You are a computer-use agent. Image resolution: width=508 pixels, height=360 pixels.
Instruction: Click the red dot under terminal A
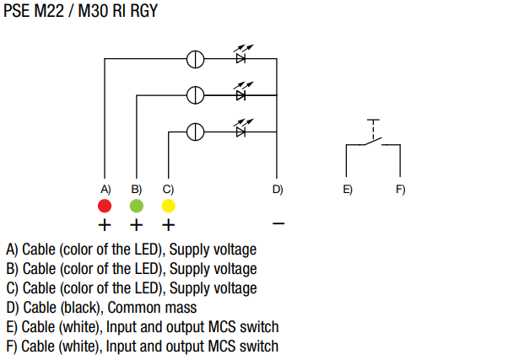click(105, 206)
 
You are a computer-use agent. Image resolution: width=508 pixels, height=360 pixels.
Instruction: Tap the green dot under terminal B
click(137, 206)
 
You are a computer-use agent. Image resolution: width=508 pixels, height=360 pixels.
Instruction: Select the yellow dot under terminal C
click(168, 206)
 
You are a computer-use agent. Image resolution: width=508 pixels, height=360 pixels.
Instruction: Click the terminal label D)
click(278, 189)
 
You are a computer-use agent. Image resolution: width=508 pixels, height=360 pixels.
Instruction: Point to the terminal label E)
click(348, 189)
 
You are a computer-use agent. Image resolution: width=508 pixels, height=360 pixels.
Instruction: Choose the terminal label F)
click(401, 189)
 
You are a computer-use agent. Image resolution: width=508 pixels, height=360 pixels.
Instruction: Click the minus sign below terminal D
click(279, 225)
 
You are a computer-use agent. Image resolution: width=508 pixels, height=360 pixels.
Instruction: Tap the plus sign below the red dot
click(105, 225)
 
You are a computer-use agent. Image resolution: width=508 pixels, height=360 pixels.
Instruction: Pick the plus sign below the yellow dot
click(168, 225)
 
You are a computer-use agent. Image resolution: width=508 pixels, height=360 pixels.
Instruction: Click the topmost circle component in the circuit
click(195, 59)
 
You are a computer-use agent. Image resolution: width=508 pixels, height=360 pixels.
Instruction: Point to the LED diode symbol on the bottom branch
click(241, 130)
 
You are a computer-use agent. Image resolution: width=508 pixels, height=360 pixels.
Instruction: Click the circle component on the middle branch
click(195, 94)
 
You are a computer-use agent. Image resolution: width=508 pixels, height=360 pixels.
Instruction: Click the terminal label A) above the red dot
click(105, 189)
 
